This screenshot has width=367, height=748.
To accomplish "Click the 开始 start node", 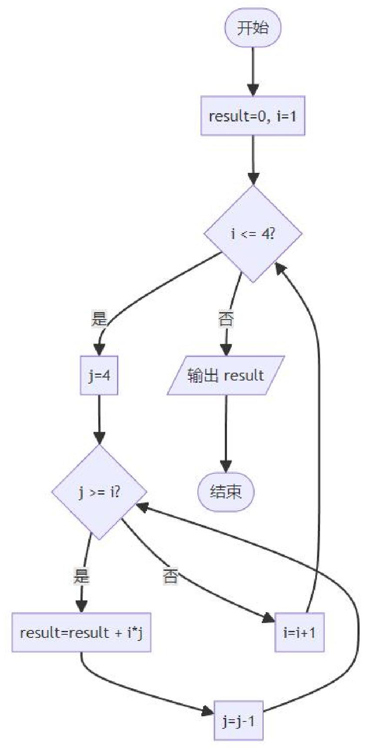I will click(253, 28).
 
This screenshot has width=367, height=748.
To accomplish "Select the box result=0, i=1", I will click(253, 116).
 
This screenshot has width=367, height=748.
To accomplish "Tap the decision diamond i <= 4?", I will click(253, 234).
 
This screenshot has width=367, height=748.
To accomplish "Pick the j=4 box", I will click(99, 375).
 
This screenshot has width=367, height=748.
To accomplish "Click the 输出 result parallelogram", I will click(226, 375).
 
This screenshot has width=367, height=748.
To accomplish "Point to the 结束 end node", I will click(226, 492).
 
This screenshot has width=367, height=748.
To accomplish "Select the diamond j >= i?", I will click(99, 492).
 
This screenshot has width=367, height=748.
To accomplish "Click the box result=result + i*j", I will click(81, 632).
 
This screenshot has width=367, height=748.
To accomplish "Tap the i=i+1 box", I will click(300, 632).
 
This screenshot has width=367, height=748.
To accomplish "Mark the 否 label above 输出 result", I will click(226, 320).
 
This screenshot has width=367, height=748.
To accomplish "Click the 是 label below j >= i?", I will click(81, 576).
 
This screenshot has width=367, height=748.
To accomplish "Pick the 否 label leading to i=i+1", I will click(170, 576).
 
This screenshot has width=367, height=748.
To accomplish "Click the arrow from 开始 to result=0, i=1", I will click(253, 70).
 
